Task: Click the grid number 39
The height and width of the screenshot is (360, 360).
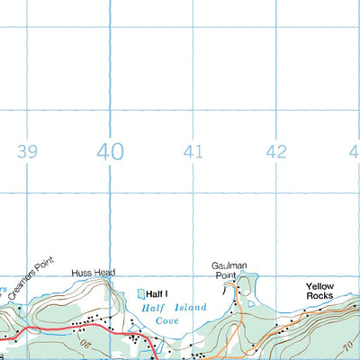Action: pos(27,151)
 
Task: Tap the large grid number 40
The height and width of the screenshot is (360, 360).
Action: pos(111,150)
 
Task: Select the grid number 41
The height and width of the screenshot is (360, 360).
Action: pos(192,151)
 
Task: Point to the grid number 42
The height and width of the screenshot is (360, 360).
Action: pos(276,151)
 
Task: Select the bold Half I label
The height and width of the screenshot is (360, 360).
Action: pos(157,293)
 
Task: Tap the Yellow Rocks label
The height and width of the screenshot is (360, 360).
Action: pos(319,291)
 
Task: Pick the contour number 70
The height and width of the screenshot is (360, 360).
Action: pos(347,345)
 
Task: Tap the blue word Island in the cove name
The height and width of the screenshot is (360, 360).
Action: pos(186,309)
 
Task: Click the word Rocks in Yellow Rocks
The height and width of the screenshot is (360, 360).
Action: pos(319,296)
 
